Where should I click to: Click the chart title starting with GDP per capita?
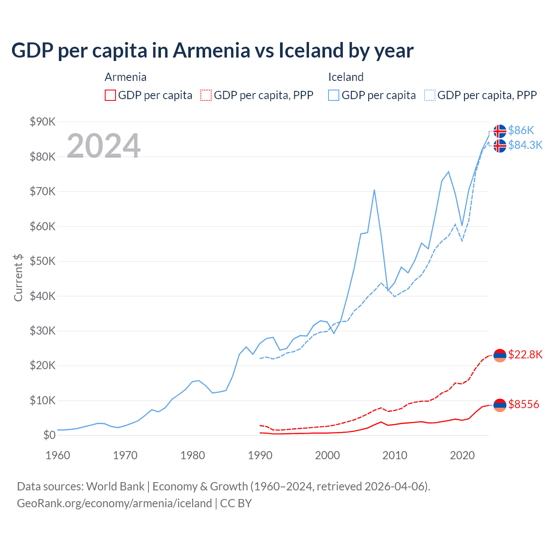[212, 50]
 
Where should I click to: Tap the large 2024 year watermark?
[103, 145]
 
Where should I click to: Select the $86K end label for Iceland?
[521, 130]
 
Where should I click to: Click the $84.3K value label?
[525, 145]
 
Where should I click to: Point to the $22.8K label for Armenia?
[525, 355]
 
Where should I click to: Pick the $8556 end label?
[524, 404]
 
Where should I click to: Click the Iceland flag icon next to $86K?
[500, 131]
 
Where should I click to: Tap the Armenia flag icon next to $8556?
[500, 405]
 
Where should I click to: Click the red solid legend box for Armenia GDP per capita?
[110, 95]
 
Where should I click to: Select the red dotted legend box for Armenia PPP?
[206, 95]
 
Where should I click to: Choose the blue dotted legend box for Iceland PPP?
[430, 95]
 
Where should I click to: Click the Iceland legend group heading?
[346, 77]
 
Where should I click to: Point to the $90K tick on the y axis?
[42, 122]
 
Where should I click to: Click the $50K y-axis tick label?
[42, 261]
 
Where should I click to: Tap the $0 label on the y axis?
[49, 435]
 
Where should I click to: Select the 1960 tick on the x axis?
[58, 455]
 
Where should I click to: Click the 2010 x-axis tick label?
[395, 455]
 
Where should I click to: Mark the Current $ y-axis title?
[18, 277]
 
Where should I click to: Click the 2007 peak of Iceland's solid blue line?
[374, 190]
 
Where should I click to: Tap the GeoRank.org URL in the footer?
[114, 503]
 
